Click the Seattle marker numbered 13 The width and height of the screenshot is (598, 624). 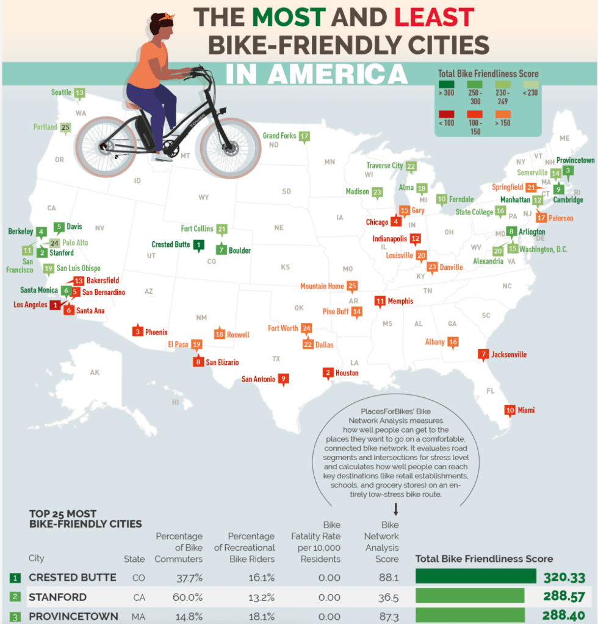(x=79, y=93)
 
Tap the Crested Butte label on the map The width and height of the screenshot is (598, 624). (x=170, y=244)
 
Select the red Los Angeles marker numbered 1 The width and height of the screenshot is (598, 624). (x=55, y=305)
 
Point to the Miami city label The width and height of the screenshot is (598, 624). (x=526, y=410)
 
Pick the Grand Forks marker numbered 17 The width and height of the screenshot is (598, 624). (x=304, y=136)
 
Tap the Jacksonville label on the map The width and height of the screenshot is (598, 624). (x=508, y=354)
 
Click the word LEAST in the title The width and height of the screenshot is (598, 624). (x=433, y=17)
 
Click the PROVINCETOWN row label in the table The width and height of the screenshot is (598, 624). (x=73, y=616)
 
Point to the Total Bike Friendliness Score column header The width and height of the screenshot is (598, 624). (x=484, y=558)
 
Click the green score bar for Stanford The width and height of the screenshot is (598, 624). (x=470, y=597)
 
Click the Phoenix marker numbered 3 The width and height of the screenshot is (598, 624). (x=139, y=332)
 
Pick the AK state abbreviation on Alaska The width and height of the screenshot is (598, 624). (x=94, y=372)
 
